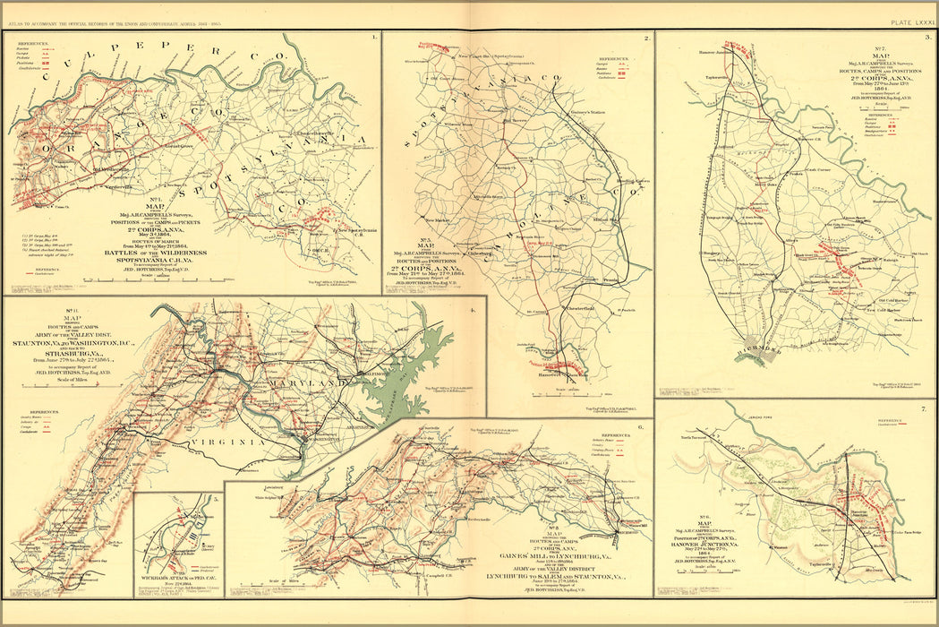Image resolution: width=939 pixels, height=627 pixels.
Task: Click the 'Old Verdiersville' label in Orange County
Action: coord(120,172)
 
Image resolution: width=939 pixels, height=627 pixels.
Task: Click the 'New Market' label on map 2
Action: coord(439,220)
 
